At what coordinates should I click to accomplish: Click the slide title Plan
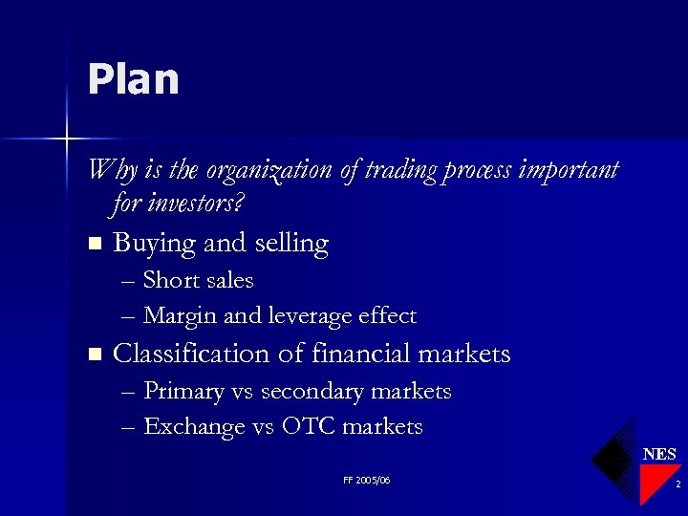(x=133, y=79)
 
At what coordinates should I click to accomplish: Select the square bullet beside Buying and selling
(x=93, y=245)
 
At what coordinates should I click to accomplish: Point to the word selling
(x=291, y=245)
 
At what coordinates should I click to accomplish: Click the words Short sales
(x=198, y=281)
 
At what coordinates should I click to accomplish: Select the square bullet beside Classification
(x=93, y=355)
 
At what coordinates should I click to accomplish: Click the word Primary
(x=179, y=392)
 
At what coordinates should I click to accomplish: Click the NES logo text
(x=659, y=455)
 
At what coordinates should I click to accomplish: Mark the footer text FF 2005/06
(x=367, y=480)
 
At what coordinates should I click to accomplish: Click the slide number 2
(x=677, y=485)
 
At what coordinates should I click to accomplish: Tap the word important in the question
(x=568, y=171)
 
